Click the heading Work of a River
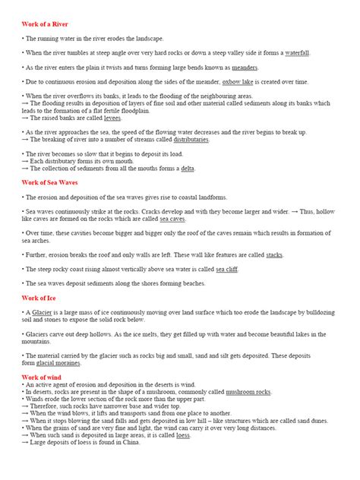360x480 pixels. click(x=45, y=24)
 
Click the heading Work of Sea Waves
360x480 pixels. click(x=50, y=182)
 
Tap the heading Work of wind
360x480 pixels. click(x=42, y=377)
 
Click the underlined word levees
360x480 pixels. click(x=112, y=118)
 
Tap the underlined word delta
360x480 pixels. click(x=188, y=168)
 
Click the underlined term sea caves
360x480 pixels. click(x=172, y=218)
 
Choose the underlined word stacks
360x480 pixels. click(x=274, y=254)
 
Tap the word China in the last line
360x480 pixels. click(x=131, y=442)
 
